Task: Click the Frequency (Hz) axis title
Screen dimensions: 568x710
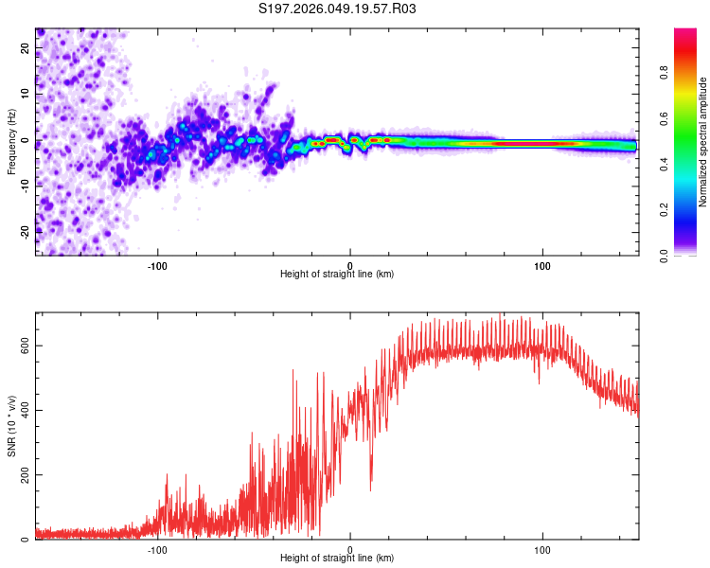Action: [x=11, y=142]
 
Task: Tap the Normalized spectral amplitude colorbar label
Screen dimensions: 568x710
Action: [x=703, y=142]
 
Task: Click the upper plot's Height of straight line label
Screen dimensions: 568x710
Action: [x=337, y=274]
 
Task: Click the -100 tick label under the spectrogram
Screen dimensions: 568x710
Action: [x=157, y=265]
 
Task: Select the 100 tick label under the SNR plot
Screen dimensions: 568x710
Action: [x=542, y=549]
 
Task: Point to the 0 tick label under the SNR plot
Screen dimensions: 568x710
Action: [x=350, y=549]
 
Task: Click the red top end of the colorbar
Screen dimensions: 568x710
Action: [x=685, y=33]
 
